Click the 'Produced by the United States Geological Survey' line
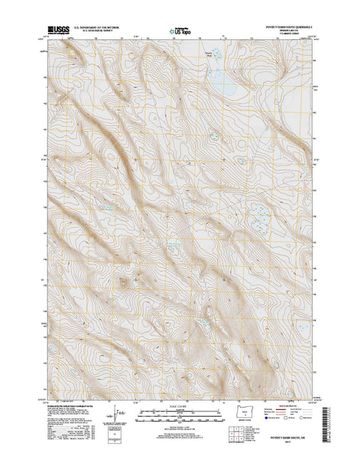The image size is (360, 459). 68,397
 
